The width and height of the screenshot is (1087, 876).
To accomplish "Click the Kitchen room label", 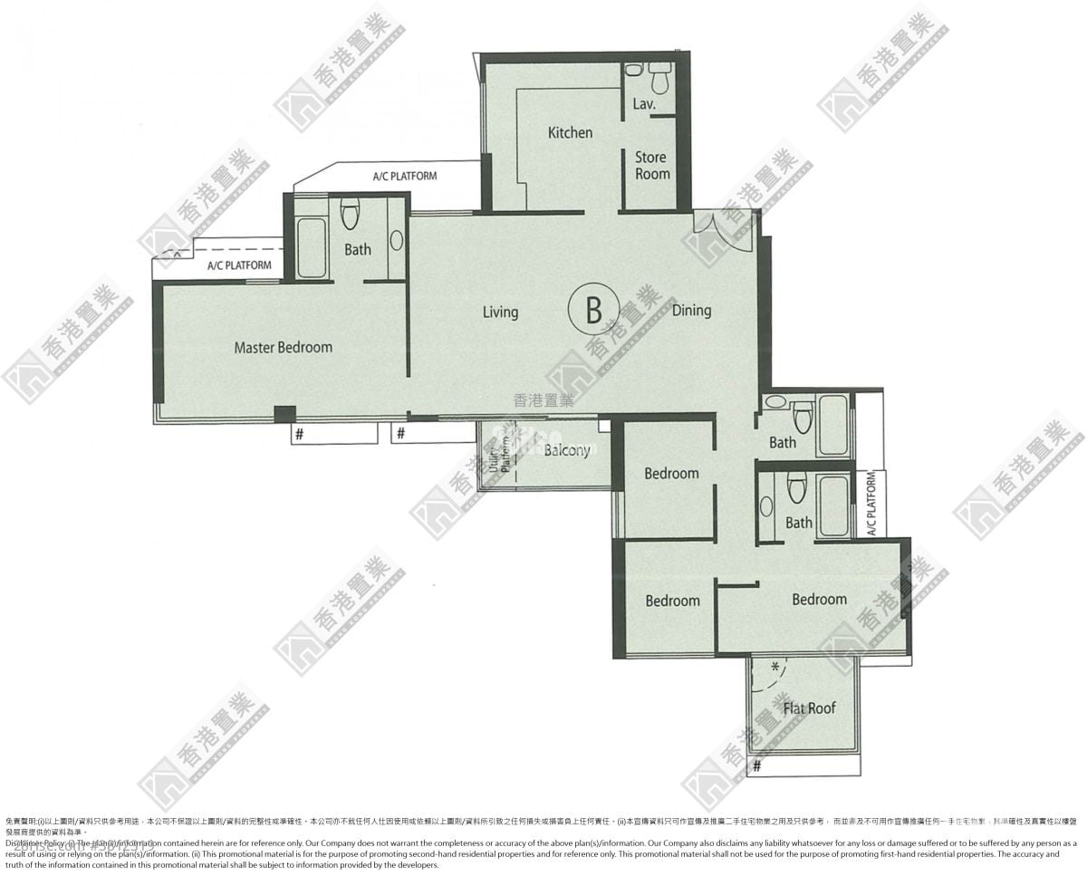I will (570, 133).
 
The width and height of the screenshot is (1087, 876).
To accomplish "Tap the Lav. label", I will (643, 104).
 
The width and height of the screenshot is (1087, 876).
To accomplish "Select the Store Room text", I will (651, 165).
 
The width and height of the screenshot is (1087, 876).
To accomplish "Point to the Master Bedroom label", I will (283, 347).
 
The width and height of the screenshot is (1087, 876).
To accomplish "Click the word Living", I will (500, 312).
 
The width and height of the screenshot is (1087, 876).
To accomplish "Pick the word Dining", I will (691, 311).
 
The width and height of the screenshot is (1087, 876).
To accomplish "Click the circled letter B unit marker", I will (593, 310).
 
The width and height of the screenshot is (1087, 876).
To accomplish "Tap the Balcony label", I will (567, 450).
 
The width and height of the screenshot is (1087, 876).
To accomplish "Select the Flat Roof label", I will (809, 708).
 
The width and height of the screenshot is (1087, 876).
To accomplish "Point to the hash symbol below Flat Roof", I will (756, 766).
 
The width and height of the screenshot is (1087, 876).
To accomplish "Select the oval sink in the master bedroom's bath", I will (397, 240).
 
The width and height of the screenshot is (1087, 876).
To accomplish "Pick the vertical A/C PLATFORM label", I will (871, 505).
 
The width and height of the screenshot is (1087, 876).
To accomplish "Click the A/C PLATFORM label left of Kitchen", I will (404, 176).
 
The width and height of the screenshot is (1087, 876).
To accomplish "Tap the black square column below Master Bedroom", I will (284, 414).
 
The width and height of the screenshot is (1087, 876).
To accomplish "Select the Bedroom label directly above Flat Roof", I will (819, 599).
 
